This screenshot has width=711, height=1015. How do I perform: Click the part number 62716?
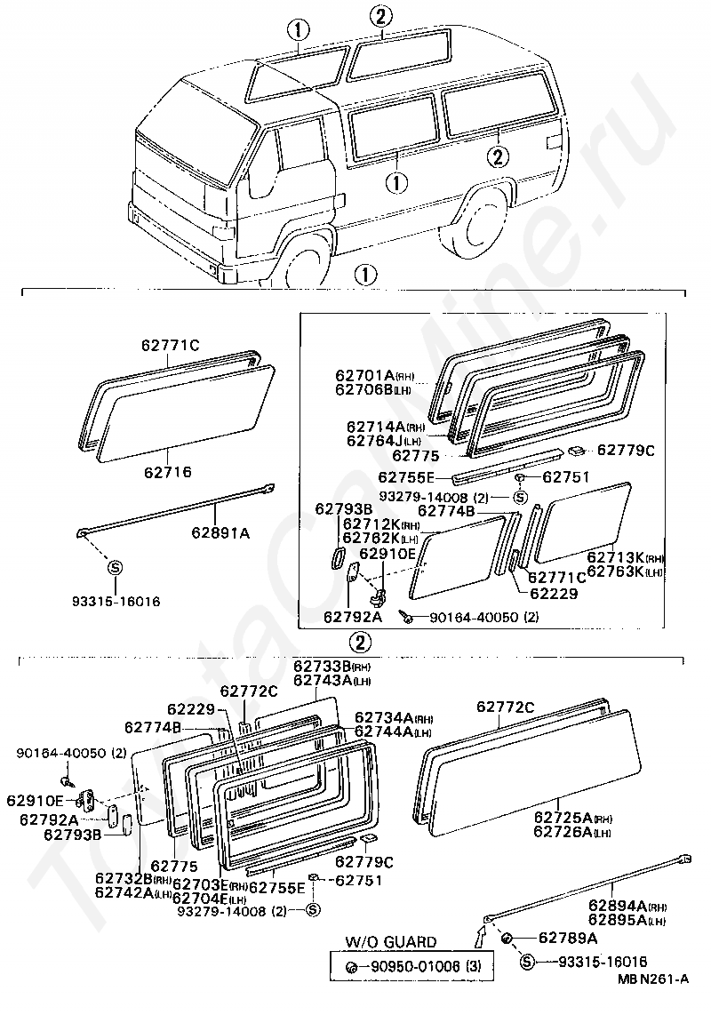pyautogui.click(x=168, y=473)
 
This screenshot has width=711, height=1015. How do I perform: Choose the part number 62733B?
pyautogui.click(x=318, y=667)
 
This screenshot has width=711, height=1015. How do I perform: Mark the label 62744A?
pyautogui.click(x=381, y=733)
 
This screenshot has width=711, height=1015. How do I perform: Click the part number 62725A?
pyautogui.click(x=563, y=817)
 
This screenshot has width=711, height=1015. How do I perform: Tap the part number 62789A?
pyautogui.click(x=569, y=939)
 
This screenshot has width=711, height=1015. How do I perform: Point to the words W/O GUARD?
pyautogui.click(x=391, y=942)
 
